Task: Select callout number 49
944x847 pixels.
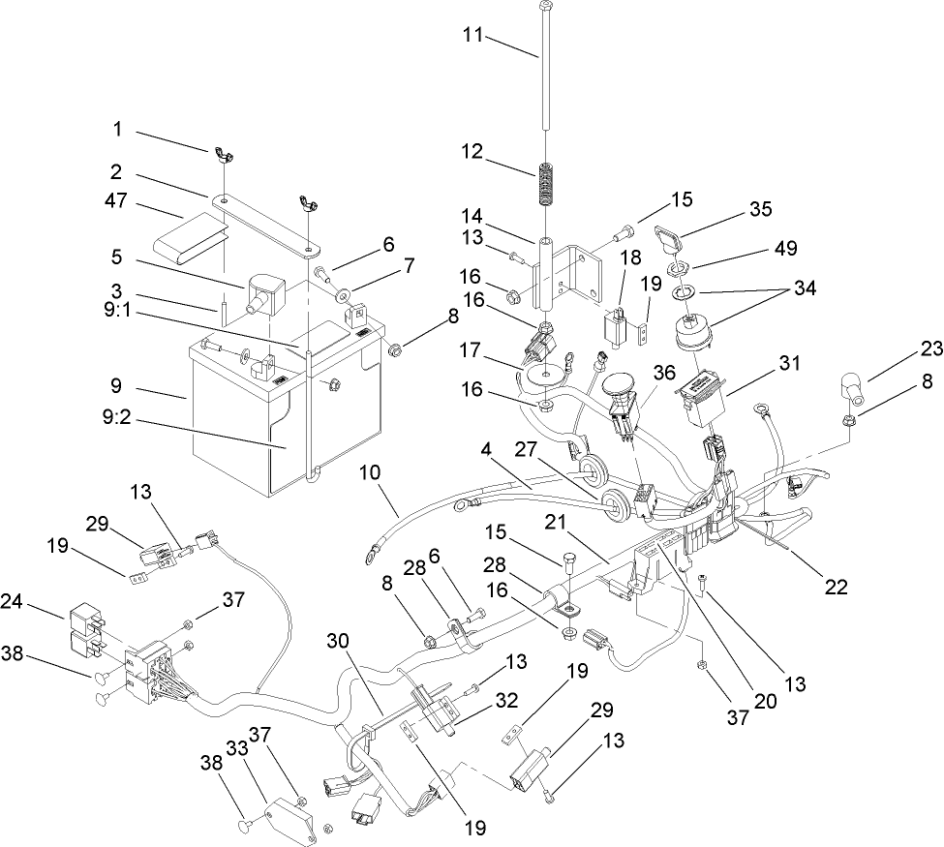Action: click(x=785, y=249)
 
